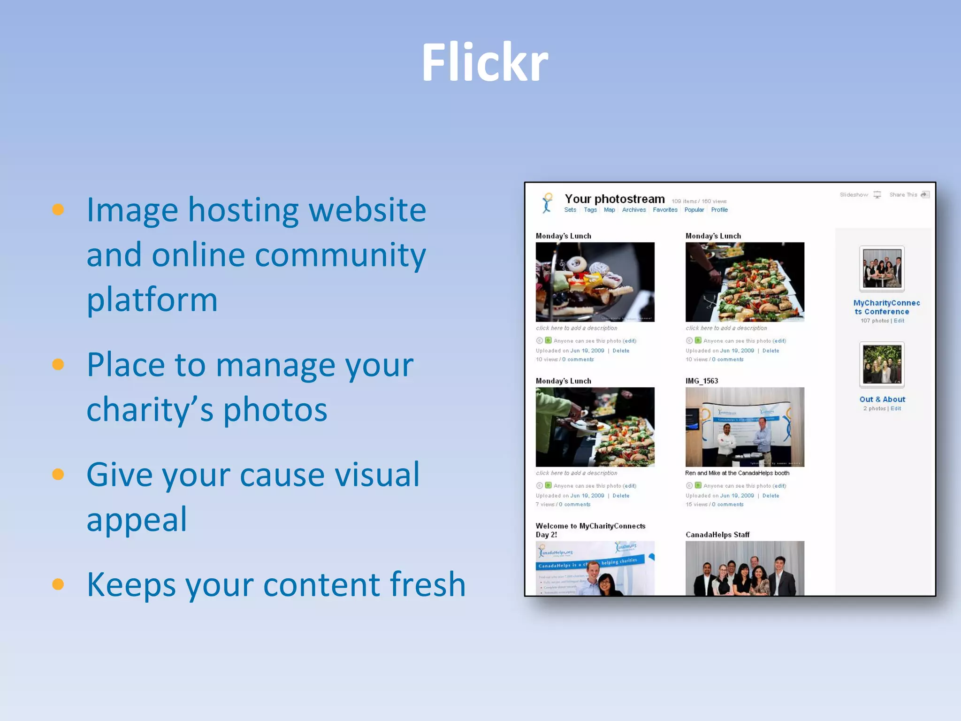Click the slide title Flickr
pos(485,62)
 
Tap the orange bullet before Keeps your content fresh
pos(58,584)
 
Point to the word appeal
pos(137,519)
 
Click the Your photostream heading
pos(614,199)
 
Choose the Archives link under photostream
pos(633,210)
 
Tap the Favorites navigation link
pos(665,210)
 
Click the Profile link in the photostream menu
pos(719,210)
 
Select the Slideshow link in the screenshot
pos(854,195)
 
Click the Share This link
pos(903,195)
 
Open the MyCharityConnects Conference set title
pos(886,307)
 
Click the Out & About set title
pos(882,399)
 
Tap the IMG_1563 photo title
pos(702,381)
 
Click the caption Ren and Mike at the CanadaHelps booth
pos(737,473)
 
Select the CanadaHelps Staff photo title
pos(717,535)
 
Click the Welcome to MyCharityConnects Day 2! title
pos(590,530)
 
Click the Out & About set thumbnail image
pos(882,364)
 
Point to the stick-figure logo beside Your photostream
pos(547,203)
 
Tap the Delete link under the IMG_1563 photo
pos(770,496)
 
